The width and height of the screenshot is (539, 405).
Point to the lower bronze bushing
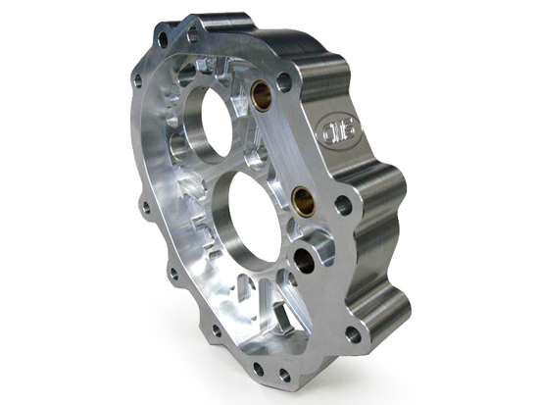tap(303, 203)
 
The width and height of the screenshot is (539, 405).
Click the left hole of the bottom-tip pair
tap(259, 370)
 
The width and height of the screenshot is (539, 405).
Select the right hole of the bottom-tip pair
tap(284, 376)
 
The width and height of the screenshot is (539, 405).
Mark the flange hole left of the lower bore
tap(146, 207)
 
